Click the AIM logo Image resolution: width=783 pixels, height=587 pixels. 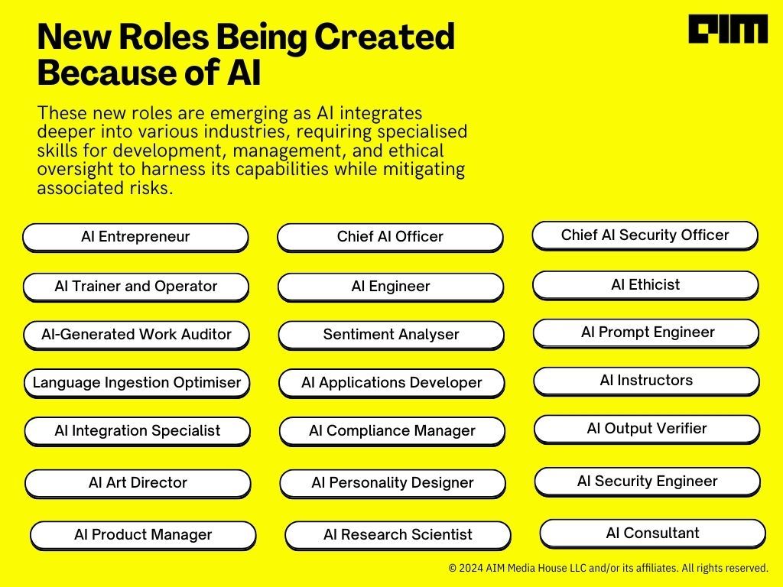coord(728,29)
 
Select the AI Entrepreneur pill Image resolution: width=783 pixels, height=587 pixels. coord(135,237)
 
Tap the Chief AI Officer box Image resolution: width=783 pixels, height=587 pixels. coord(390,237)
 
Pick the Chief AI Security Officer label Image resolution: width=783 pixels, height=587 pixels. coord(645,235)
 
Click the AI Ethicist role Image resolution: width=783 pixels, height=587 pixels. coord(645,285)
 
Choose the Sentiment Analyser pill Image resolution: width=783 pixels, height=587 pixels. coord(391,335)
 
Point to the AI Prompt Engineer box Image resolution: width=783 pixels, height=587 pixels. coord(646,333)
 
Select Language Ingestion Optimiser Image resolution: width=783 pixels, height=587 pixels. coord(137,384)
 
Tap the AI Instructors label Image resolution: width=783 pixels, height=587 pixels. coord(647,381)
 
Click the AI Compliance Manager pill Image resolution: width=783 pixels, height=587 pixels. coord(392,431)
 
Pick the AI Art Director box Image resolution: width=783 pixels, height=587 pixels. coord(138,483)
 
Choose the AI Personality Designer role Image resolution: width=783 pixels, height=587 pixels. coord(392,483)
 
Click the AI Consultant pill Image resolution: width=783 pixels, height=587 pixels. coord(653,533)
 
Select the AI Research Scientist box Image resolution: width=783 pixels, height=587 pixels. coord(398,535)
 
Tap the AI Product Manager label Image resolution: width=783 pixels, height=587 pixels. coord(143,535)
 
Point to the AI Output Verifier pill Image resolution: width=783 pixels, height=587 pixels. coord(647,430)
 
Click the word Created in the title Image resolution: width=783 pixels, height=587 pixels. coord(385,37)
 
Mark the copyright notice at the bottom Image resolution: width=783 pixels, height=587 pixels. coord(608,568)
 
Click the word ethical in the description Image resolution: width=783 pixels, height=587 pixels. coord(416,151)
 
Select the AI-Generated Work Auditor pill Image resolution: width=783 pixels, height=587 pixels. coord(136,335)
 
